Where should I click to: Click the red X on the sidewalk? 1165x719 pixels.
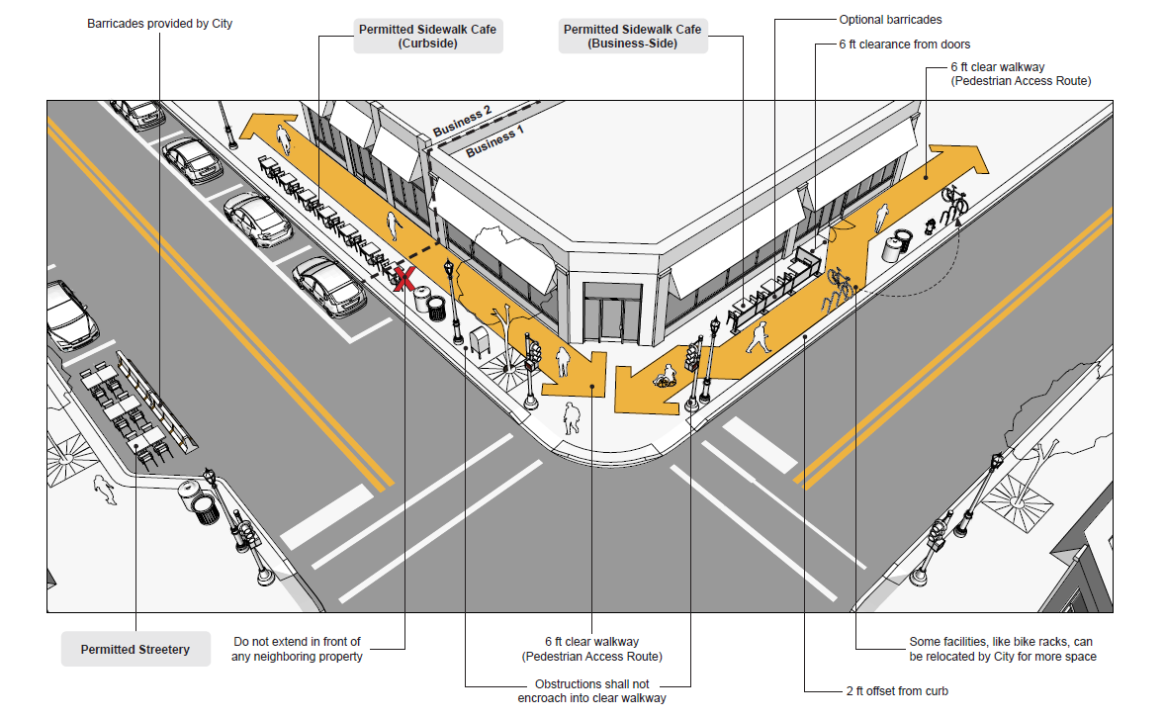tap(403, 279)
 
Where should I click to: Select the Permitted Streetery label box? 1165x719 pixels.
tap(135, 650)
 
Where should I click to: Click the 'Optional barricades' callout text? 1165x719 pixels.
tap(890, 20)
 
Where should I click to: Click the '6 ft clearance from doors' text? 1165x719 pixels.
tap(904, 45)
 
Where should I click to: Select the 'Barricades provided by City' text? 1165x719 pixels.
tap(159, 23)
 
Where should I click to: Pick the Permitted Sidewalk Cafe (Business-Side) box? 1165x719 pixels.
tap(632, 37)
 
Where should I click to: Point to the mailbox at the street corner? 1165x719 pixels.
tap(481, 342)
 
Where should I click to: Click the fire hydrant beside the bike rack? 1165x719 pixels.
tap(929, 226)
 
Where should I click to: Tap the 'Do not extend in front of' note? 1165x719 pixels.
tap(297, 649)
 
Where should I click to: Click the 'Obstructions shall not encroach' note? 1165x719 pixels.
tap(591, 691)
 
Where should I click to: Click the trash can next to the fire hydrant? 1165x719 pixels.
tap(898, 245)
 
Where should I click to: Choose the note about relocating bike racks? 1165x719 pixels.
tap(1002, 649)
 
